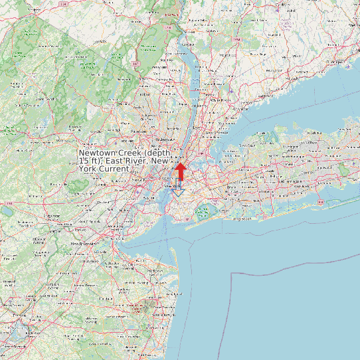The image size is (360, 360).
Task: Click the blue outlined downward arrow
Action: coord(178,187)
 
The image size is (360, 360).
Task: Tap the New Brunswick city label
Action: coord(84,244)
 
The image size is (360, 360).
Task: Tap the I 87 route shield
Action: coord(134,64)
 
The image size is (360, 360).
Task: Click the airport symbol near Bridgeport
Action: coord(347,64)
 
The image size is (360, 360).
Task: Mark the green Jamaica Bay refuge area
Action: coord(202,212)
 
